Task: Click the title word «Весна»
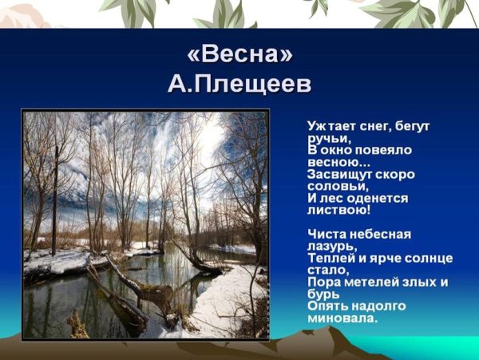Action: [x=239, y=55]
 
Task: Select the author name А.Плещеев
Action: [x=239, y=85]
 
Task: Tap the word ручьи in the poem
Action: [x=323, y=137]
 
